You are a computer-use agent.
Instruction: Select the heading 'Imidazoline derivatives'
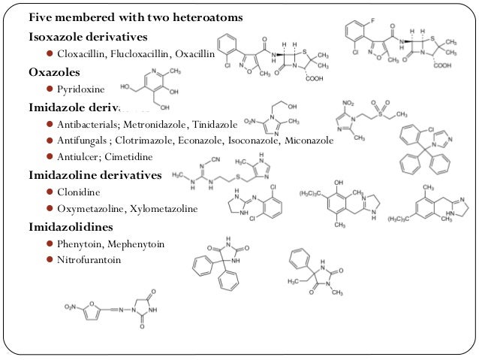click(x=95, y=175)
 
